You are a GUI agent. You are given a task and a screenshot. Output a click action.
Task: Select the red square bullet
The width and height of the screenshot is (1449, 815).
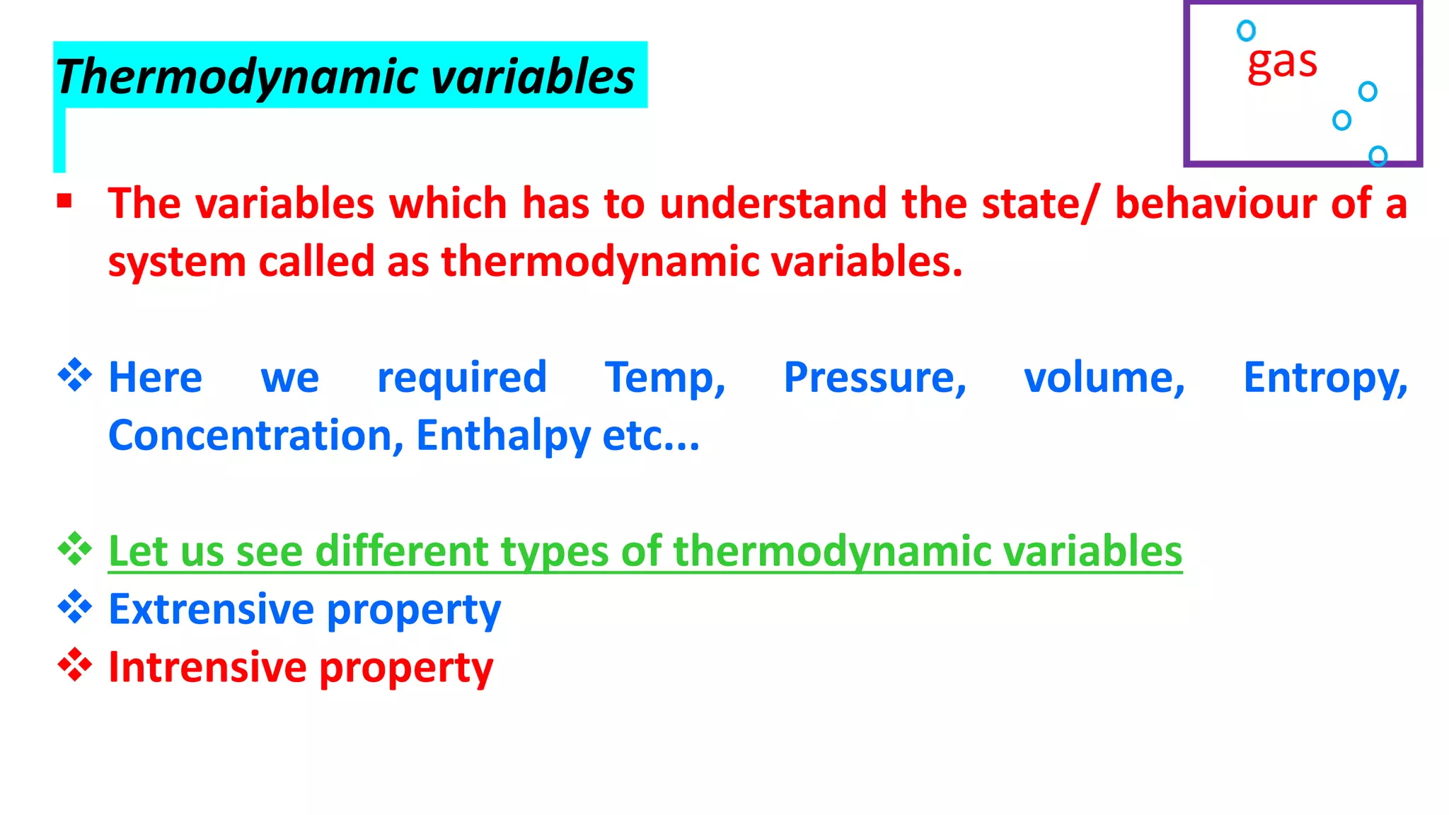[64, 202]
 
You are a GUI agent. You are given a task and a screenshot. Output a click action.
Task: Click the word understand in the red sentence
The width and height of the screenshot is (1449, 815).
[773, 204]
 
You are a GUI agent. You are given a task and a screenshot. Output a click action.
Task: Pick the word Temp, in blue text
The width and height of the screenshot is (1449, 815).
[665, 378]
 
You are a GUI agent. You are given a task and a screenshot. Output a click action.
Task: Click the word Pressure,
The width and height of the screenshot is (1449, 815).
[874, 378]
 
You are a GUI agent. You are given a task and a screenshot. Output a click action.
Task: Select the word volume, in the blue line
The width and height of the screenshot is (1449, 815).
[1104, 378]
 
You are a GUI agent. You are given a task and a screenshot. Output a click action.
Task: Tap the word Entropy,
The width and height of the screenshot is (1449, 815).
[1325, 378]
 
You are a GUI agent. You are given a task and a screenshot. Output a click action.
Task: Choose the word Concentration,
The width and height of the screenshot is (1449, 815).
[255, 435]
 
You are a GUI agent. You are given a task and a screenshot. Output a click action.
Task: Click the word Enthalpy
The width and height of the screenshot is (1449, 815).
[503, 437]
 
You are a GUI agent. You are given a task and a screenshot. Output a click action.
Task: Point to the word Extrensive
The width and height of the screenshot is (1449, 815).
[211, 609]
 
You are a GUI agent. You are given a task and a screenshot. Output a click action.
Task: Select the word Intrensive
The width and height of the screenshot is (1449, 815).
[207, 667]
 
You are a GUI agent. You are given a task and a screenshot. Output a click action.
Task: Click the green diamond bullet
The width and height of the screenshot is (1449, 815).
[75, 549]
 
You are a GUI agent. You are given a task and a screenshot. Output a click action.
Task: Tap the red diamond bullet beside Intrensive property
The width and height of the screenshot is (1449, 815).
[75, 665]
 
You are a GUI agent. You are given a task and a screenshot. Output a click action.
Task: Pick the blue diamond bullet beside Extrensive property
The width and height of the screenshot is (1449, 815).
[75, 607]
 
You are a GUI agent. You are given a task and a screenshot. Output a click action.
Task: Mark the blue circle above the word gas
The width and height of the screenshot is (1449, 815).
[1246, 30]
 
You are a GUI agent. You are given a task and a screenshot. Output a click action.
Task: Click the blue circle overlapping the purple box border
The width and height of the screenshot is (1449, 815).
[1378, 156]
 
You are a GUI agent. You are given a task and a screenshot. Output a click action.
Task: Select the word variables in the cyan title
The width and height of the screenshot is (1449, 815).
[533, 76]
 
